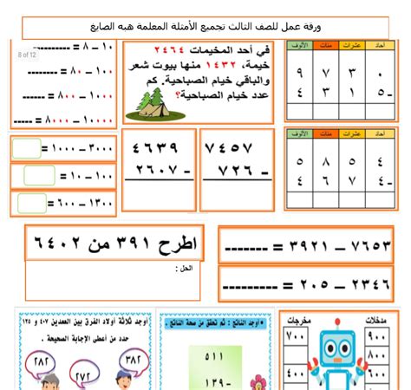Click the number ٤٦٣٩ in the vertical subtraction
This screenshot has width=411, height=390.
(160, 147)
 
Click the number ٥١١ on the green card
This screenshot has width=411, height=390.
(212, 355)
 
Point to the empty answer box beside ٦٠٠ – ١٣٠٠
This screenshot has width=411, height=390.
(31, 205)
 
